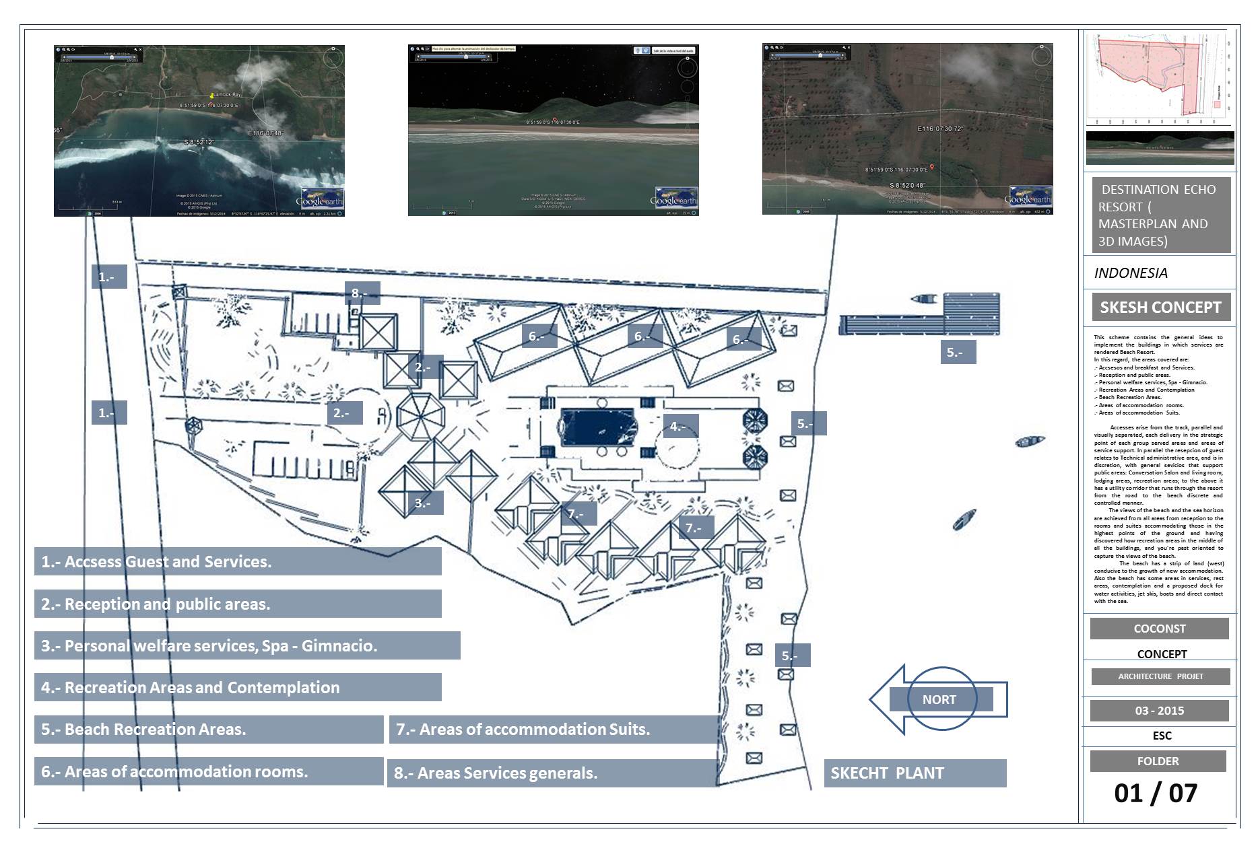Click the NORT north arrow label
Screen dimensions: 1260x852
939,700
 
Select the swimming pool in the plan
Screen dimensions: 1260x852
597,427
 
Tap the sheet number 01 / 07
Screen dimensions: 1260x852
1156,793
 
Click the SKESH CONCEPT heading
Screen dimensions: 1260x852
1160,308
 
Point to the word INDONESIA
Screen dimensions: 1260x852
1131,273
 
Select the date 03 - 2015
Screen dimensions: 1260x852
1159,711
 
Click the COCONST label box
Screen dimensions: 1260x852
1159,629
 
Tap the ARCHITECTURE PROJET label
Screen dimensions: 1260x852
1160,676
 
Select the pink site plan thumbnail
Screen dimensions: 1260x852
1159,77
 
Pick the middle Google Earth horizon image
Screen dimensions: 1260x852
553,130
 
